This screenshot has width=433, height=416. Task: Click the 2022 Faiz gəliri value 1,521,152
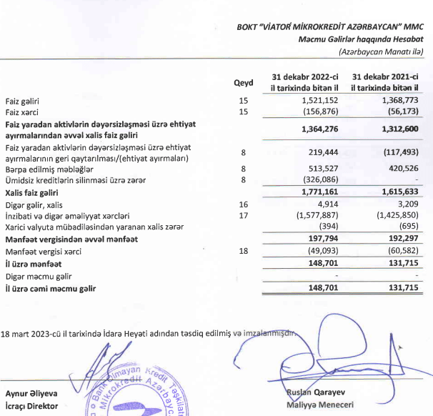(316, 101)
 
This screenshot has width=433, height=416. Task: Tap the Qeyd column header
(244, 82)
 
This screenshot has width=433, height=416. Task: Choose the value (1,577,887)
(312, 215)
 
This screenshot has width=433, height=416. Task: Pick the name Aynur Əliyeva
(31, 393)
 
